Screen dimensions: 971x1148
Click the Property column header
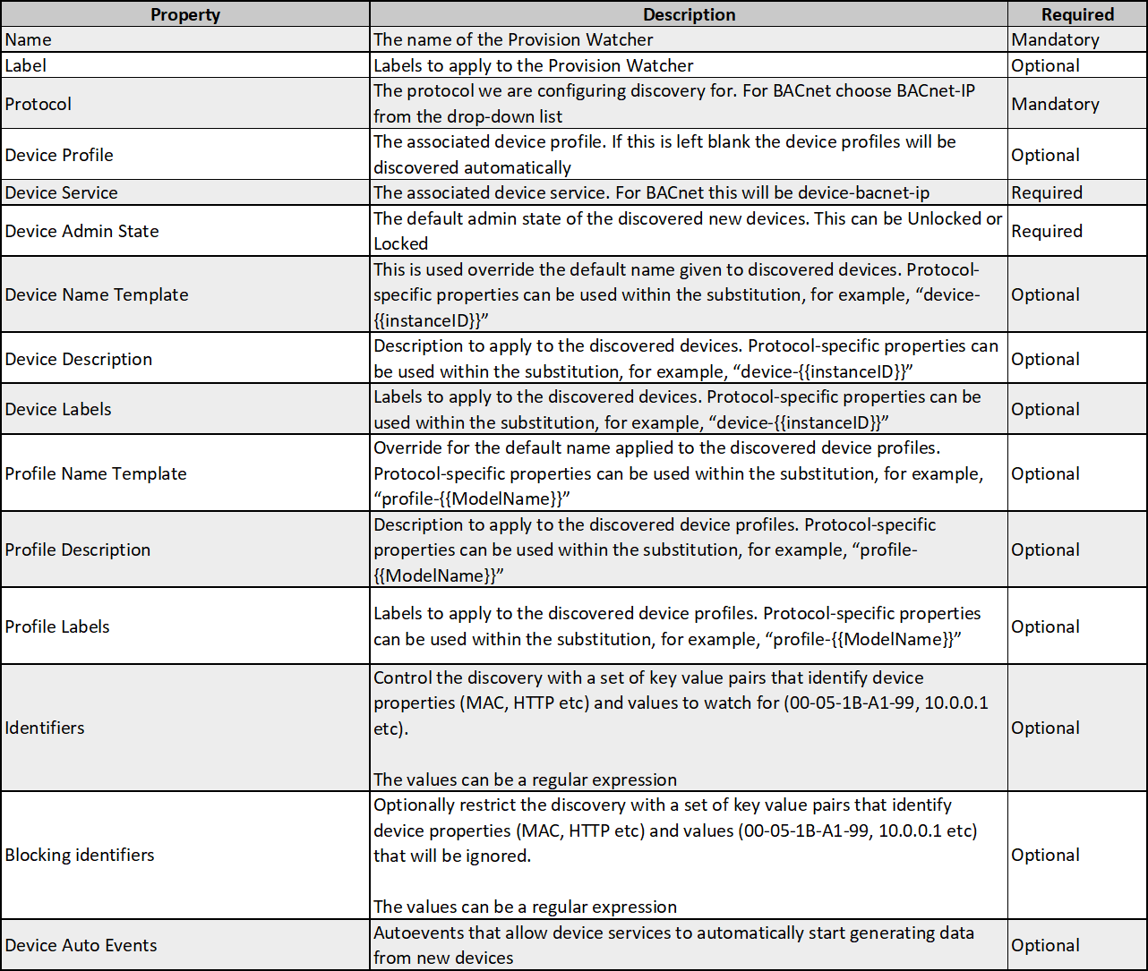pyautogui.click(x=185, y=14)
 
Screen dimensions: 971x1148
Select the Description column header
pyautogui.click(x=689, y=14)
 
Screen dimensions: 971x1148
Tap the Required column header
pyautogui.click(x=1077, y=14)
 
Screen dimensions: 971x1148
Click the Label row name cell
pyautogui.click(x=26, y=65)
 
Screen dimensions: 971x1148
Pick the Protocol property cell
pyautogui.click(x=39, y=104)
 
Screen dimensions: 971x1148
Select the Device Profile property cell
pyautogui.click(x=59, y=155)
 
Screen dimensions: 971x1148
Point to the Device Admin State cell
pyautogui.click(x=82, y=231)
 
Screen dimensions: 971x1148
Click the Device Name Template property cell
pyautogui.click(x=97, y=294)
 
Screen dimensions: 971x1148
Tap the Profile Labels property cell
pyautogui.click(x=57, y=626)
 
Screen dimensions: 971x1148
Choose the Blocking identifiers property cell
pyautogui.click(x=80, y=855)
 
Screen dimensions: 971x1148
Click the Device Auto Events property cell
pyautogui.click(x=81, y=945)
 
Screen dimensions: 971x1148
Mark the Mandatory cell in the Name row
pyautogui.click(x=1055, y=39)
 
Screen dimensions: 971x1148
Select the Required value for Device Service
pyautogui.click(x=1047, y=192)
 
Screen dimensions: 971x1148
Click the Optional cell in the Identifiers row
pyautogui.click(x=1046, y=728)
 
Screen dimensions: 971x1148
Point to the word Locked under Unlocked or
pyautogui.click(x=401, y=243)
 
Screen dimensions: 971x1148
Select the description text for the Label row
pyautogui.click(x=534, y=65)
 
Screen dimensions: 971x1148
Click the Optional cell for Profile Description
pyautogui.click(x=1046, y=549)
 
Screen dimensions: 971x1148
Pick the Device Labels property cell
pyautogui.click(x=58, y=409)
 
